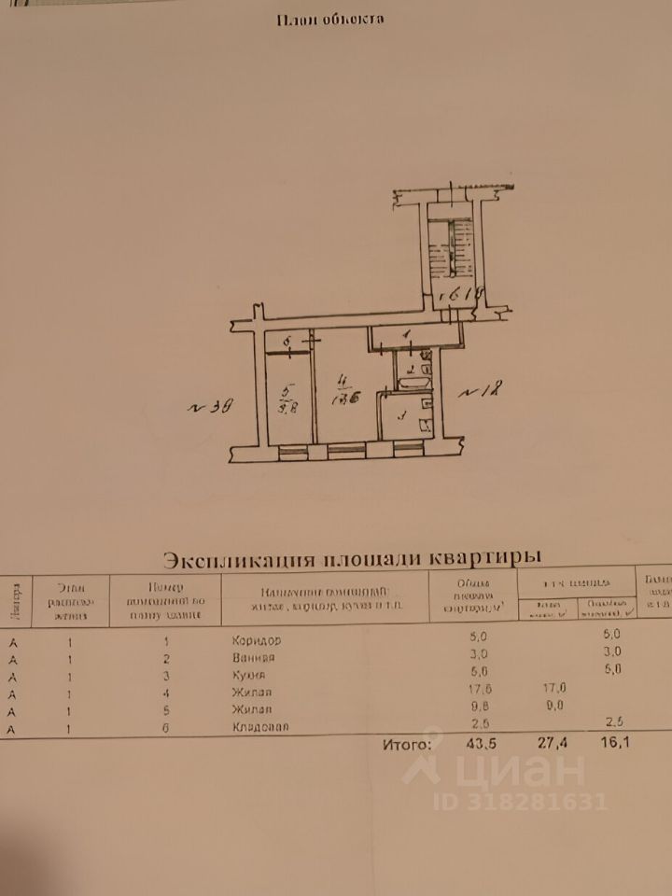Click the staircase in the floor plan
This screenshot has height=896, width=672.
[x=450, y=246]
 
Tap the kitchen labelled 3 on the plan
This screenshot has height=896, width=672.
[x=403, y=418]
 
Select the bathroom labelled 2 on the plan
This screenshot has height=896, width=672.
[x=411, y=371]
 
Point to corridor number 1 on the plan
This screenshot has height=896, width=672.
[x=407, y=336]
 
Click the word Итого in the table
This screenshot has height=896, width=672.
[x=407, y=746]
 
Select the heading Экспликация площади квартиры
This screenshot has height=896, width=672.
[x=352, y=558]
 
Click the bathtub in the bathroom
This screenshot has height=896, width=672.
[x=411, y=383]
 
